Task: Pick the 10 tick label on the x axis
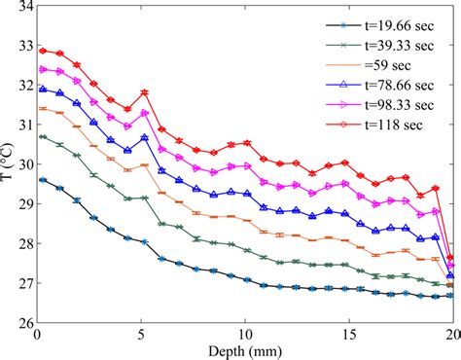tap(246, 335)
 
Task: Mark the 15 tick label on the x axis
tap(350, 335)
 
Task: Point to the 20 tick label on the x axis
tap(450, 335)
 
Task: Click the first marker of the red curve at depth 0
tap(43, 50)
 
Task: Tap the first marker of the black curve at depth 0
tap(43, 180)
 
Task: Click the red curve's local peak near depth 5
tap(145, 92)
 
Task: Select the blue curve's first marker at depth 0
tap(43, 89)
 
